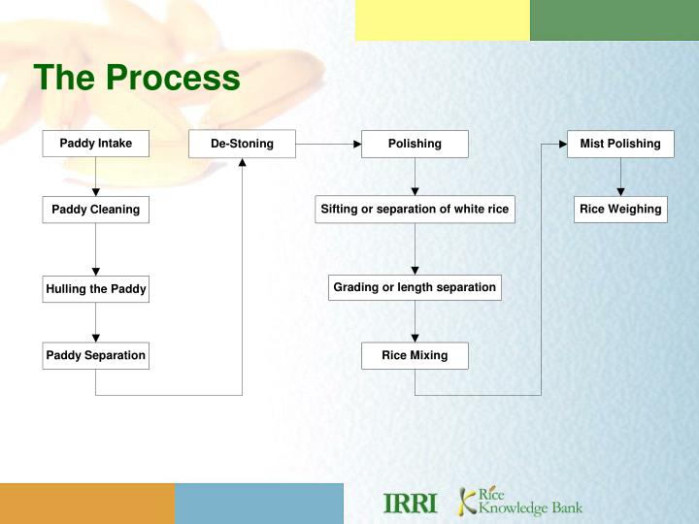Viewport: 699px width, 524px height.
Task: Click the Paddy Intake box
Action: tap(95, 144)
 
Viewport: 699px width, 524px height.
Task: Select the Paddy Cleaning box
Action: tap(95, 210)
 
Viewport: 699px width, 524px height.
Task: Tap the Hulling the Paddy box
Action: tap(95, 289)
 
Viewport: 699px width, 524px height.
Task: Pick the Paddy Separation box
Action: tap(95, 355)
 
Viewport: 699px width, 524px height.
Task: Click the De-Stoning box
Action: tap(242, 144)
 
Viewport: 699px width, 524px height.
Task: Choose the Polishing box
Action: tap(415, 144)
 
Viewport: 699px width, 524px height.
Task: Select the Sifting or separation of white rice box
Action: tap(415, 210)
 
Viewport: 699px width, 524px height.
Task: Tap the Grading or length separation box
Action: tap(415, 287)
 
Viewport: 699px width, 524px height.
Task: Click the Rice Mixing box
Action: tap(415, 355)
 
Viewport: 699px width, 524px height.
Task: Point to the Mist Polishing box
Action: tap(619, 144)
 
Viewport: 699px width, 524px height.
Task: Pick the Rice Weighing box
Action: tap(619, 210)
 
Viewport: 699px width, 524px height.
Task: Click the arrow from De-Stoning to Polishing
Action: tap(328, 144)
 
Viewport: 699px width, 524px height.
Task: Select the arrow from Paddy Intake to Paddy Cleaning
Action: tap(95, 177)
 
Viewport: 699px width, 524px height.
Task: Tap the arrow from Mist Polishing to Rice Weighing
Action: tap(619, 178)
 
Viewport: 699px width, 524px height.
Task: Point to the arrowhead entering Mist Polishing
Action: tap(561, 144)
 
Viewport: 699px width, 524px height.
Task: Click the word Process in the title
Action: tap(173, 78)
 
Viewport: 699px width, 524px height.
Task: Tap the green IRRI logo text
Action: tap(411, 504)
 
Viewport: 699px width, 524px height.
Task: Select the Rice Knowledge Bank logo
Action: tap(521, 502)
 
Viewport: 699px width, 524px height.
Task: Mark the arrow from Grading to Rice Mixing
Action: tap(415, 321)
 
